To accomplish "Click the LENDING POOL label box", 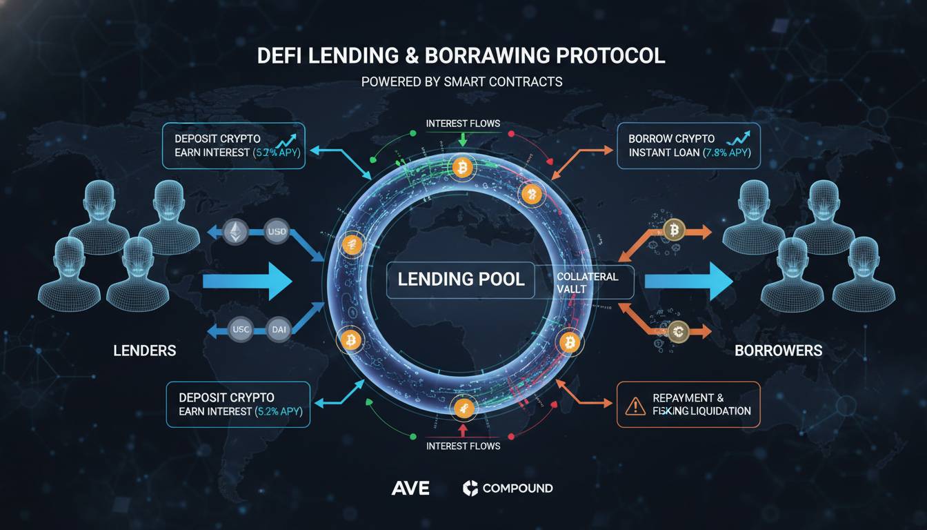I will [460, 279].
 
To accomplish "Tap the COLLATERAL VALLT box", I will [587, 282].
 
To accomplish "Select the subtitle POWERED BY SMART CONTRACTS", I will [461, 81].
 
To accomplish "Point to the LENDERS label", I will [144, 351].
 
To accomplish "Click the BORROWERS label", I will [778, 351].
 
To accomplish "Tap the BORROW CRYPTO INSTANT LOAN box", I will [688, 146].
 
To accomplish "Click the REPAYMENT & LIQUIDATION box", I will [688, 404].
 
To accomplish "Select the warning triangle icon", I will [634, 405].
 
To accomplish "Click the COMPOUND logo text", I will [517, 489].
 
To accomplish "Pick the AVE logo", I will [410, 489].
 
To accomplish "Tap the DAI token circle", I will [279, 331].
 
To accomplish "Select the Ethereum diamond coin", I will [236, 233].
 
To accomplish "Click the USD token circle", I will [275, 233].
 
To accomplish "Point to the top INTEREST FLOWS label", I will [463, 124].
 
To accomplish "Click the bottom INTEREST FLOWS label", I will [463, 446].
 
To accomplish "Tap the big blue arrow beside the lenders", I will [248, 281].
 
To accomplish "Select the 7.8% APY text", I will [726, 153].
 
